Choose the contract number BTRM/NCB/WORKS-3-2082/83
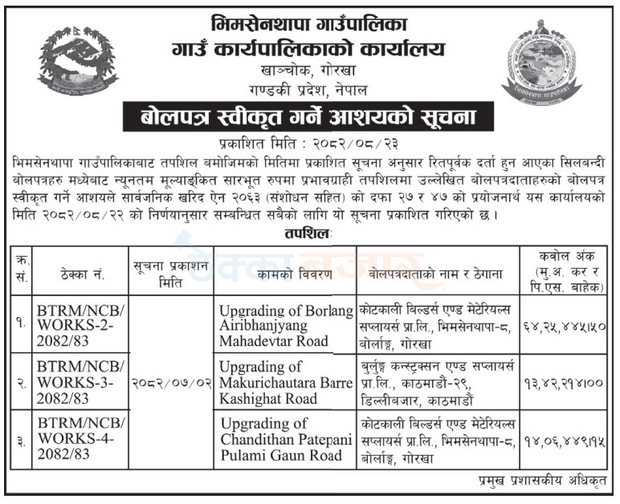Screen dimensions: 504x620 77,380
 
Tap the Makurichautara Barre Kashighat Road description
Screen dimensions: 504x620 286,380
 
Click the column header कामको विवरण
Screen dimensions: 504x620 287,274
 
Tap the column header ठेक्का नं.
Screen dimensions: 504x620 76,274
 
